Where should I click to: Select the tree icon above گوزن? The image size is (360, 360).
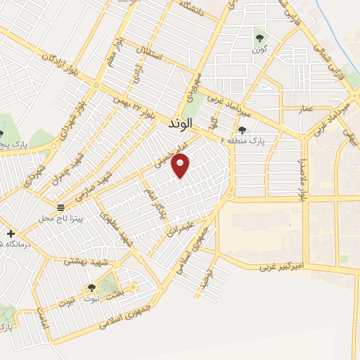point(260,38)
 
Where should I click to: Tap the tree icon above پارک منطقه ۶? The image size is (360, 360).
point(243,129)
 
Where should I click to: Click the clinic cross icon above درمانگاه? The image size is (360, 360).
point(10,233)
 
